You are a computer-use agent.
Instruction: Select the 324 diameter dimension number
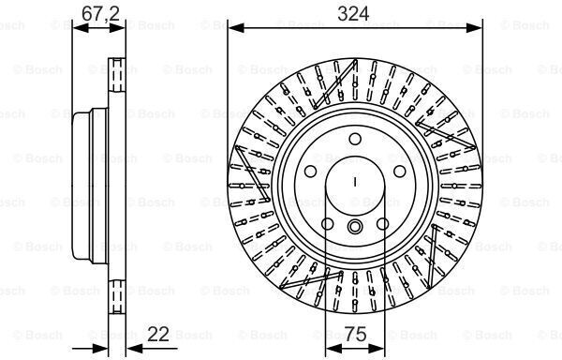(x=353, y=14)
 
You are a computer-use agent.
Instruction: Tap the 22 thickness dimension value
(x=158, y=334)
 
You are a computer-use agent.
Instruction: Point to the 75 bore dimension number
(x=356, y=334)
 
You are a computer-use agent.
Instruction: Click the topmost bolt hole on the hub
(x=355, y=139)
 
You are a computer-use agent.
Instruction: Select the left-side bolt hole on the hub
(x=310, y=172)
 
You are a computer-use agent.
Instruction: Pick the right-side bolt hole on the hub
(x=400, y=172)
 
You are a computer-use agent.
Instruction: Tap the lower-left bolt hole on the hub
(x=328, y=224)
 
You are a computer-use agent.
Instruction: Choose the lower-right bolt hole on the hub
(x=383, y=224)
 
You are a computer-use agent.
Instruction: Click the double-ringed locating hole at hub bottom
(x=355, y=226)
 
